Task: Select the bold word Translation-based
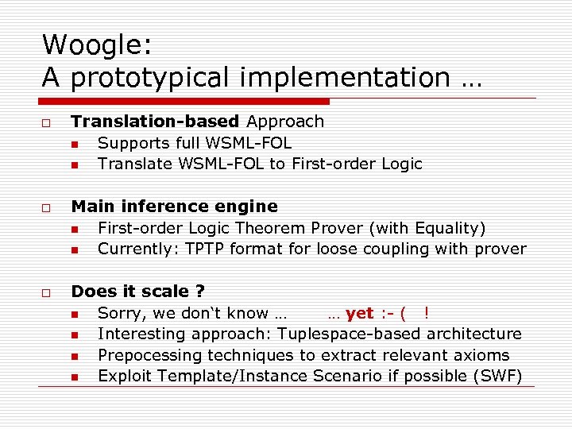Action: click(x=155, y=122)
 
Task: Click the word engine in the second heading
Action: click(x=247, y=207)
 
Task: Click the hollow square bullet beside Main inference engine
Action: click(x=48, y=207)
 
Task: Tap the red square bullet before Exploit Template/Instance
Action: click(x=74, y=377)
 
